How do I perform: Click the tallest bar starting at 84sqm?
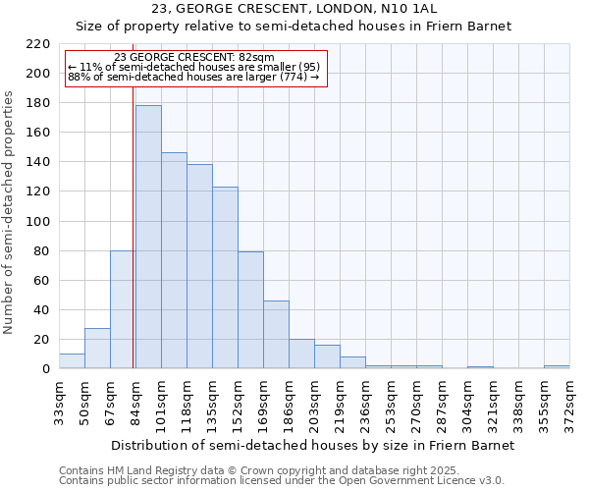(148, 237)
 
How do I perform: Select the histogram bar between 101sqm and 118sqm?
(174, 260)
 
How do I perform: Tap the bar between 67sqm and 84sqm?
(123, 309)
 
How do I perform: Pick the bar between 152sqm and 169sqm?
(250, 310)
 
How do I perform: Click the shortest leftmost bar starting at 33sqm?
(72, 361)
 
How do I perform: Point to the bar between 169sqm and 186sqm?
(276, 335)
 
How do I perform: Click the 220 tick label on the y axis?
(38, 44)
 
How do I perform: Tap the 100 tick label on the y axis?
(38, 222)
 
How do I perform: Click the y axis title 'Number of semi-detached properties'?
(10, 212)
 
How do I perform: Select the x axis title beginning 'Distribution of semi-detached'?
(312, 445)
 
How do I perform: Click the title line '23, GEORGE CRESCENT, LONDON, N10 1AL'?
(294, 9)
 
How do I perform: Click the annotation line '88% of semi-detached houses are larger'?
(193, 77)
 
